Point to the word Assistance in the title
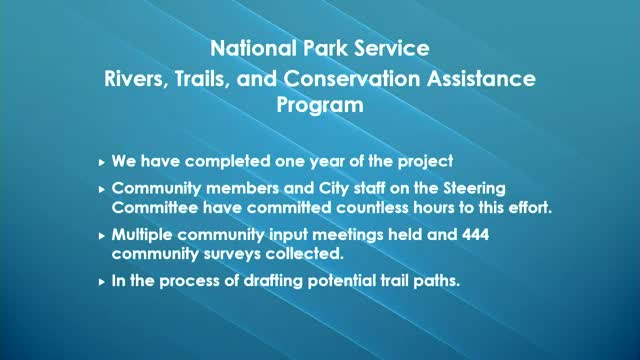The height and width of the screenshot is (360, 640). [x=489, y=77]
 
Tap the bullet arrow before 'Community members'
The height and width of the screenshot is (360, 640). [x=101, y=189]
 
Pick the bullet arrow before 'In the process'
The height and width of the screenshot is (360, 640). [x=101, y=283]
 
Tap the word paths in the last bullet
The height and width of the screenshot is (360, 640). [x=433, y=282]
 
